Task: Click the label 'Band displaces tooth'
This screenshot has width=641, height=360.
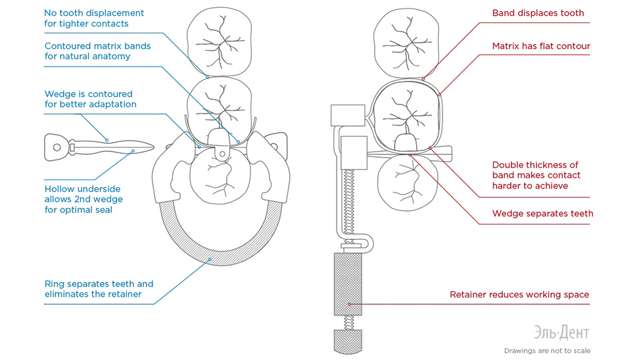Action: click(x=538, y=13)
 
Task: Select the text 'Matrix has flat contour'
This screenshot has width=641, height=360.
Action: click(x=541, y=46)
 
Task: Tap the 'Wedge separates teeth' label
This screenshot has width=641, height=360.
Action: click(x=542, y=214)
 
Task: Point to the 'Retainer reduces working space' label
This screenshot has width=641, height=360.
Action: click(x=519, y=294)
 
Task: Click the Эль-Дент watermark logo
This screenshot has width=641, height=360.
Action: click(x=561, y=332)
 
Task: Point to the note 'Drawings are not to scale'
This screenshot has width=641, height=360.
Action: click(x=547, y=351)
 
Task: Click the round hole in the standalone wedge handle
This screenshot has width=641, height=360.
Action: click(x=57, y=147)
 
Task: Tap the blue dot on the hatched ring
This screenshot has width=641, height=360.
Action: click(x=210, y=259)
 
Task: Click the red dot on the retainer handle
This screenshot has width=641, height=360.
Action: click(x=350, y=304)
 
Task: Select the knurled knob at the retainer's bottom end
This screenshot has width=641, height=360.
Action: click(x=348, y=342)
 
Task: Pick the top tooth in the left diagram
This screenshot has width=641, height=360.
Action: click(x=219, y=41)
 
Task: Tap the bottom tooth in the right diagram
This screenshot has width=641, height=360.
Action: click(x=407, y=183)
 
